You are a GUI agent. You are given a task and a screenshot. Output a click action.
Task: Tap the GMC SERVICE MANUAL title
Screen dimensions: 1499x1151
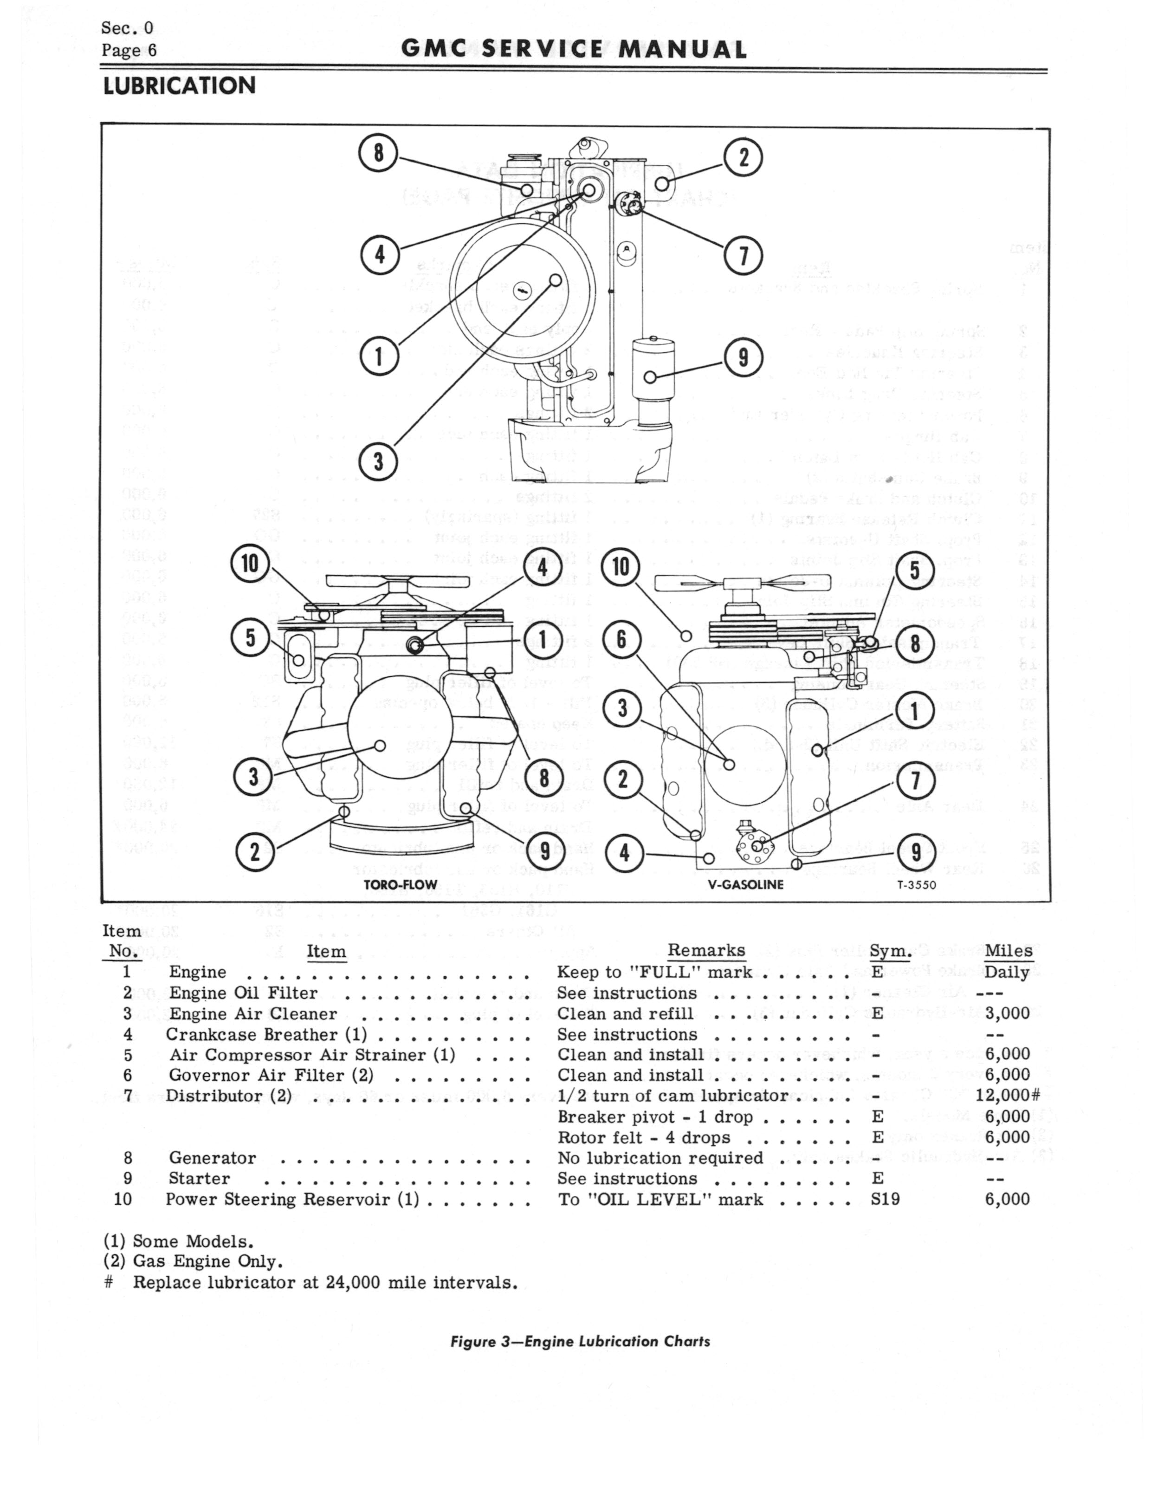pos(574,49)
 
